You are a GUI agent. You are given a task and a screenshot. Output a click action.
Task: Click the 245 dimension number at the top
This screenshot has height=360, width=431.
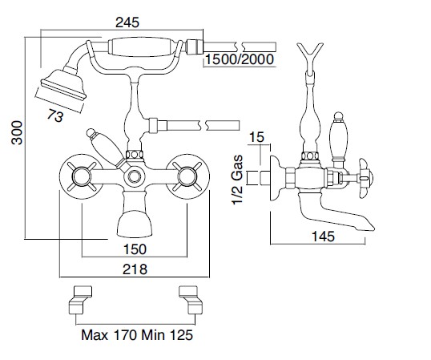127,22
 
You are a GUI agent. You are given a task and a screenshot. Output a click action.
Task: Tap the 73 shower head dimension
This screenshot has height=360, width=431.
55,115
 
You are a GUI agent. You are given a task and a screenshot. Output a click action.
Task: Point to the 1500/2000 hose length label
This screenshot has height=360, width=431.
240,59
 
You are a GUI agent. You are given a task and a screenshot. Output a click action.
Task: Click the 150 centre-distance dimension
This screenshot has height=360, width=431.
135,249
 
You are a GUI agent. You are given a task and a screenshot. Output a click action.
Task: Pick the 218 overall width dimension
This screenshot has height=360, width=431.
135,269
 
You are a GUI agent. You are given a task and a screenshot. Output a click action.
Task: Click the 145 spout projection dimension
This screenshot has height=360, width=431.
323,237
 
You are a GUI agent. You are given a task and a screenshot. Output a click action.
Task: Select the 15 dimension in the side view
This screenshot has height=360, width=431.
256,137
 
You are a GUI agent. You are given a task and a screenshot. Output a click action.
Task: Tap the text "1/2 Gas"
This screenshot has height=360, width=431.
237,180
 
